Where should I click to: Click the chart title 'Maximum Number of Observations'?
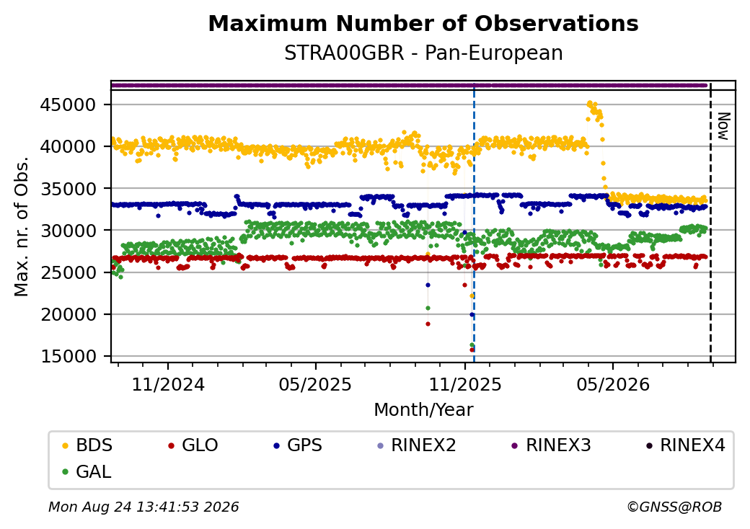[423, 23]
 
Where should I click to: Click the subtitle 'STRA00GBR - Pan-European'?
[423, 53]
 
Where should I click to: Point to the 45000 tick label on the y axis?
[68, 105]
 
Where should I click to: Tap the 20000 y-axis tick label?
[68, 314]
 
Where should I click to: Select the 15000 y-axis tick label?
[68, 357]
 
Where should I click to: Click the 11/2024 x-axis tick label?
[168, 385]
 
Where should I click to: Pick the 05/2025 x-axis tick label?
[316, 385]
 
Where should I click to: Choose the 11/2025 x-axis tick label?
[465, 385]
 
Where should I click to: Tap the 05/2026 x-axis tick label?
[613, 385]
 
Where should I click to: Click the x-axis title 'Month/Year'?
[423, 410]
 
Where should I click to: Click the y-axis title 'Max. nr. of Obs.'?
[22, 226]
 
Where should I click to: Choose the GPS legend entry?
[298, 445]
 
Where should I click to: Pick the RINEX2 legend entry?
[417, 445]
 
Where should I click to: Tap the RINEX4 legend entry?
[685, 445]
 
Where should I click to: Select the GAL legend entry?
[87, 471]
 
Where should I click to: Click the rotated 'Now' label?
[724, 126]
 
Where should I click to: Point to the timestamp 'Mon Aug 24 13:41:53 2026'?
[144, 507]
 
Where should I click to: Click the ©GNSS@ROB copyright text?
[674, 507]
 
